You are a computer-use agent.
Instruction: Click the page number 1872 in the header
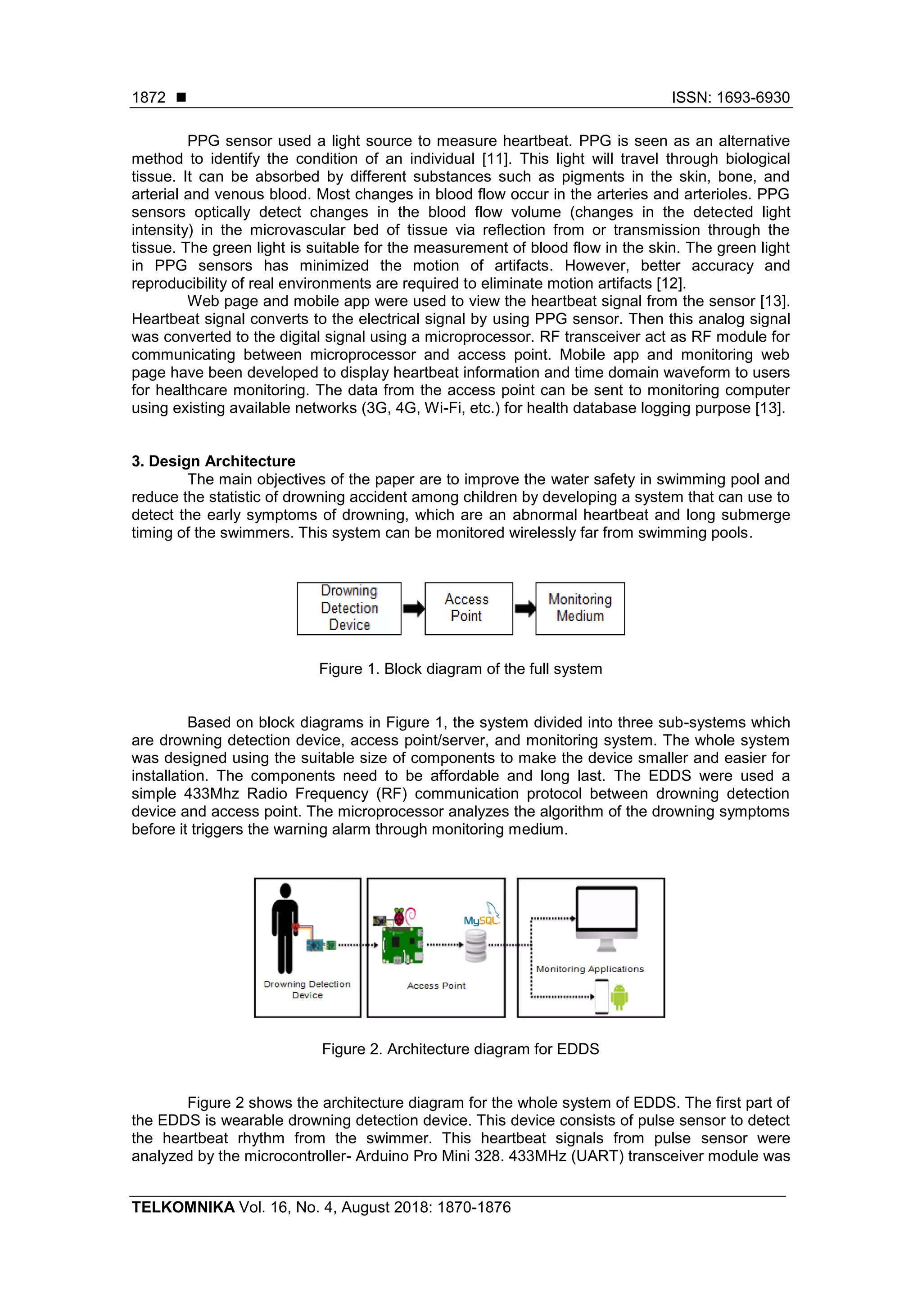(149, 98)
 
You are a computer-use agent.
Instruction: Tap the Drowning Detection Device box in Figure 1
(349, 608)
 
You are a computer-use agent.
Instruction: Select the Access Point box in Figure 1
(468, 608)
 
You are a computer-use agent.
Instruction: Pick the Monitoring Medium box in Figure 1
(579, 608)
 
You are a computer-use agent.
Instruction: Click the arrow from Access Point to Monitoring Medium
(525, 609)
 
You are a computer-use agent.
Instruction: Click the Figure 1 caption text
(460, 668)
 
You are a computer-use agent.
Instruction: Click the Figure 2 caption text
(460, 1048)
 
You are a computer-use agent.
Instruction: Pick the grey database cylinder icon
(476, 945)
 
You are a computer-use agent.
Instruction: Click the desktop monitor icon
(607, 916)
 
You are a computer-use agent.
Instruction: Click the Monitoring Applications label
(590, 969)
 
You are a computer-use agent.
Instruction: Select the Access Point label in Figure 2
(436, 985)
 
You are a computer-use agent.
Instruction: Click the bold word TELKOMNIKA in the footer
(183, 1207)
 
